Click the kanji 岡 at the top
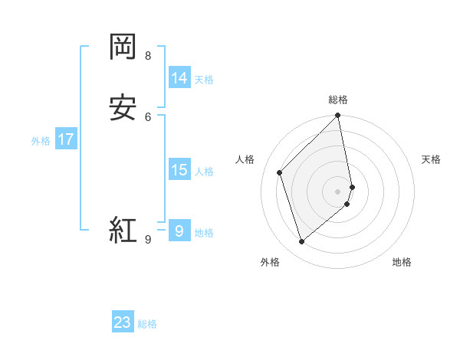coord(123,47)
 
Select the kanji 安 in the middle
coord(123,106)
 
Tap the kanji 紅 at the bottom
coord(123,229)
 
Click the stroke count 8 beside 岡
coord(148,55)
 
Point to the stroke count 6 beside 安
coord(148,116)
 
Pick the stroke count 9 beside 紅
coord(148,239)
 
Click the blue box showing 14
coord(179,77)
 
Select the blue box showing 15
coord(179,170)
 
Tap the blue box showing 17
coord(66,139)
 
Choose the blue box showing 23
coord(123,322)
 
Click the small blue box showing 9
coord(179,230)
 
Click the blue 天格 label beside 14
coord(204,80)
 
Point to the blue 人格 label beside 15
coord(204,172)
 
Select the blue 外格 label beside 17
coord(41,141)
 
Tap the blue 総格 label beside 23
coord(147,324)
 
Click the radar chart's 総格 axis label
coord(338,100)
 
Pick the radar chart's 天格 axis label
coord(431,159)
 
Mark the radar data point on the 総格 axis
coord(338,116)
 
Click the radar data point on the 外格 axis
coord(301,242)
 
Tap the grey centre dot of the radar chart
coord(338,191)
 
